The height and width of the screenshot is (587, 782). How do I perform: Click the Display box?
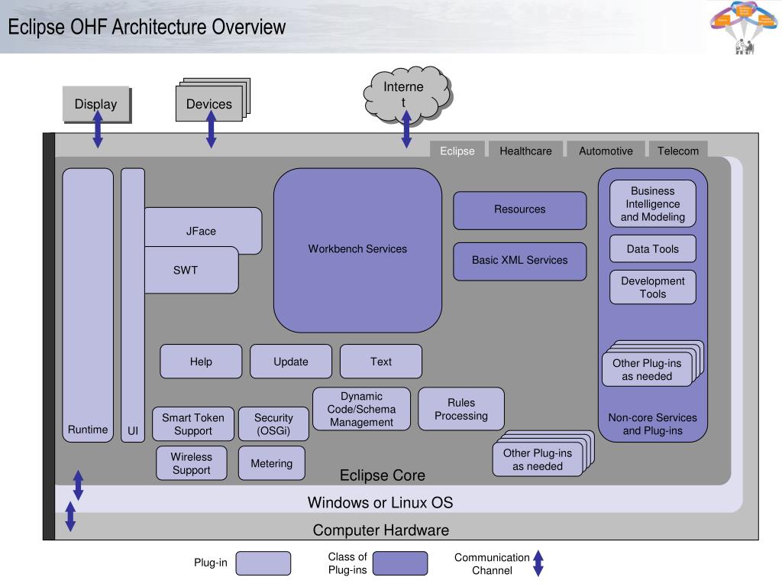[x=95, y=104]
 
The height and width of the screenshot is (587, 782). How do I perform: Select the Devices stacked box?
[x=208, y=104]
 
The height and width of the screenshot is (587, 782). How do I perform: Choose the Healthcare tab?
[x=525, y=151]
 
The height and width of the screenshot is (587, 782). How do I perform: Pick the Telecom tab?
[x=678, y=151]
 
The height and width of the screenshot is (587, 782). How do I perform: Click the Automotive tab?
[x=606, y=151]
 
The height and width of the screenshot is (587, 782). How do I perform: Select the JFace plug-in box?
[x=202, y=231]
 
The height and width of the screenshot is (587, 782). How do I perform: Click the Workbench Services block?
[x=357, y=249]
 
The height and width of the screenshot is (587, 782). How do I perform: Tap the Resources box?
[x=519, y=209]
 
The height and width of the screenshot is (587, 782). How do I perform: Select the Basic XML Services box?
[x=519, y=260]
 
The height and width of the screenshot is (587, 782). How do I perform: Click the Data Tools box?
[x=653, y=248]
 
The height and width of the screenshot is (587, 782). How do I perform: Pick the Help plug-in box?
[x=201, y=362]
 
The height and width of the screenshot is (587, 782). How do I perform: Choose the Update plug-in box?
[x=291, y=362]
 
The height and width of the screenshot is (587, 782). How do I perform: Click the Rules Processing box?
[x=461, y=409]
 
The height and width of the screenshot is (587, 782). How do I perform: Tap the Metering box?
[x=271, y=463]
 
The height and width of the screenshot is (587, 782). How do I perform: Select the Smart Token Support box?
[x=193, y=424]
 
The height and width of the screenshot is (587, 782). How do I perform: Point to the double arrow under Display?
[x=98, y=128]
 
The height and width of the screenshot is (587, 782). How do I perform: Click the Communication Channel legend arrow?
[x=538, y=563]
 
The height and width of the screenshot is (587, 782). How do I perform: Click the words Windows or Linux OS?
[x=380, y=502]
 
